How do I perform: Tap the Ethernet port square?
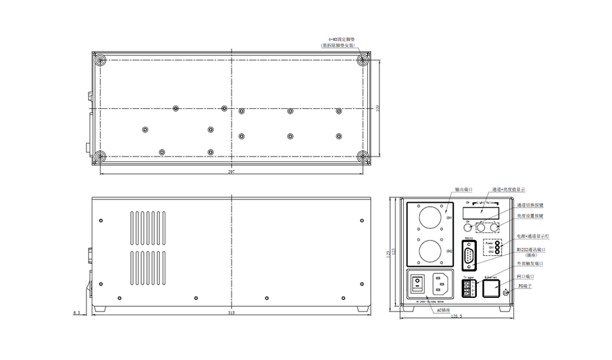click(x=491, y=288)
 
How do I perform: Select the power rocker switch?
click(x=418, y=283)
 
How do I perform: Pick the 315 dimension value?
click(x=231, y=313)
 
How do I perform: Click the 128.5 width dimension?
click(x=456, y=317)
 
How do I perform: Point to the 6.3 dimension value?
click(x=76, y=313)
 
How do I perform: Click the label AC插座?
click(x=442, y=310)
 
